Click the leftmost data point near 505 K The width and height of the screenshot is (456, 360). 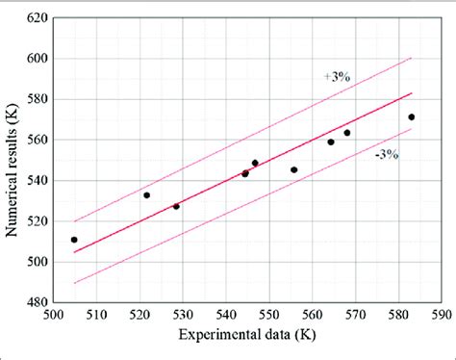click(74, 240)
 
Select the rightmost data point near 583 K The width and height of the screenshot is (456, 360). click(412, 117)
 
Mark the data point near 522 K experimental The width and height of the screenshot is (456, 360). click(146, 195)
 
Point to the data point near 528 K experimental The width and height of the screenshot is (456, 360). click(176, 206)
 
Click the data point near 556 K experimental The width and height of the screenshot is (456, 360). click(294, 170)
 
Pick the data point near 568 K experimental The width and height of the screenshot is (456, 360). click(347, 133)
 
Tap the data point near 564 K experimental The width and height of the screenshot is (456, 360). click(331, 142)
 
